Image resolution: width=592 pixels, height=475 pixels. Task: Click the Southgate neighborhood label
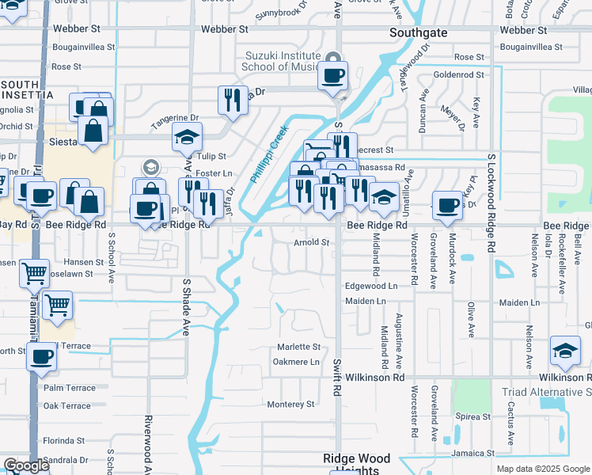(419, 33)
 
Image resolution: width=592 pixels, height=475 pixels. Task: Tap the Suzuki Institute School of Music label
(283, 61)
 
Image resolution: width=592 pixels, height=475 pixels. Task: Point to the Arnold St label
(311, 242)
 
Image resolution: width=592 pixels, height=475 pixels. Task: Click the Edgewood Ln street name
(370, 286)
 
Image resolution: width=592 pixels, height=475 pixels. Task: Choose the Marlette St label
(298, 347)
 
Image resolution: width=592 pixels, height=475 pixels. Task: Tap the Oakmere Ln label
(296, 363)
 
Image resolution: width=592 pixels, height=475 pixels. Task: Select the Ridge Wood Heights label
(356, 464)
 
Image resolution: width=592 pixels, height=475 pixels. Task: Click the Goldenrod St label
(458, 74)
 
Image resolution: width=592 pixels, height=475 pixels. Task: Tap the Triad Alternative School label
(546, 392)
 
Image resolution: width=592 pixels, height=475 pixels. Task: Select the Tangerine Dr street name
(176, 118)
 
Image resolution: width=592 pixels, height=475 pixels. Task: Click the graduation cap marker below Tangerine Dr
(187, 138)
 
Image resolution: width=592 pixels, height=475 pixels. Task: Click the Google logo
(26, 465)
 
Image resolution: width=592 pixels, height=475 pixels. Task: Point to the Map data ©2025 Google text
(543, 469)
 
